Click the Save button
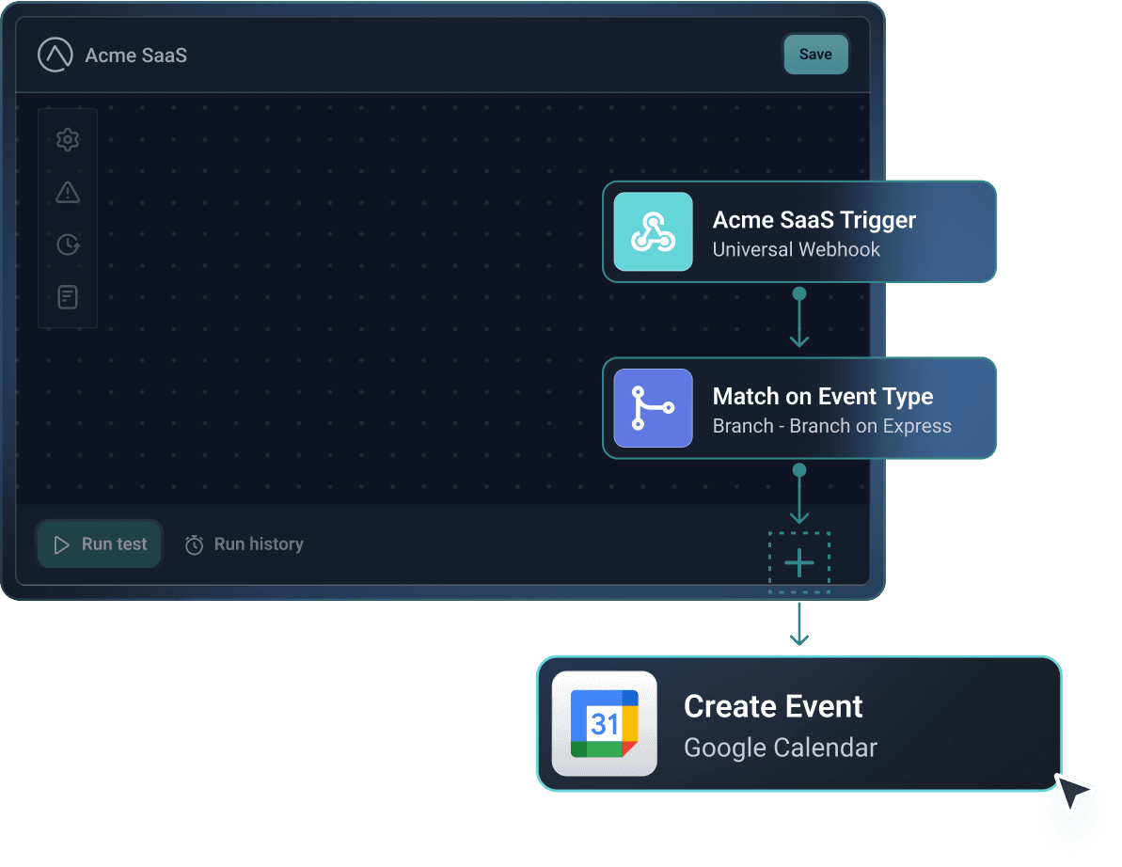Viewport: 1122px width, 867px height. click(x=815, y=55)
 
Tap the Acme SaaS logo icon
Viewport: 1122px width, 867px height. click(x=55, y=55)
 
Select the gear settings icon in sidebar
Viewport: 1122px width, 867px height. click(x=68, y=140)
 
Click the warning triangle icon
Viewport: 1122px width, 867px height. click(x=68, y=193)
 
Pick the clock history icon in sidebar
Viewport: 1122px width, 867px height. click(x=68, y=244)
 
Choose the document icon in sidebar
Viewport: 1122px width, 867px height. click(x=68, y=298)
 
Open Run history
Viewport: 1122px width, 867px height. click(x=244, y=544)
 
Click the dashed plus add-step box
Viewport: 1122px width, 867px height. click(x=799, y=563)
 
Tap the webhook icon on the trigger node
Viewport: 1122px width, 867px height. click(x=654, y=232)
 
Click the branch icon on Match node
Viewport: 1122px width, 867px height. click(x=654, y=408)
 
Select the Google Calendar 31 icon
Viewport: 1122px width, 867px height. click(x=605, y=724)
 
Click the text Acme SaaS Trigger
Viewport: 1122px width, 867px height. click(x=814, y=220)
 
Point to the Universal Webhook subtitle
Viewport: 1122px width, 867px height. click(x=796, y=250)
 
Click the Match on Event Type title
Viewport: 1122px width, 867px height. click(x=823, y=396)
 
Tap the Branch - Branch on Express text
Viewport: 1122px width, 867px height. click(x=831, y=426)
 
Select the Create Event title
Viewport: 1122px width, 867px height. click(x=773, y=706)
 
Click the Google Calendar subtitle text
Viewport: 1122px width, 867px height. click(x=780, y=749)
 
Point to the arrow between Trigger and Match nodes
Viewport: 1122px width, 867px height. click(x=799, y=320)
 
